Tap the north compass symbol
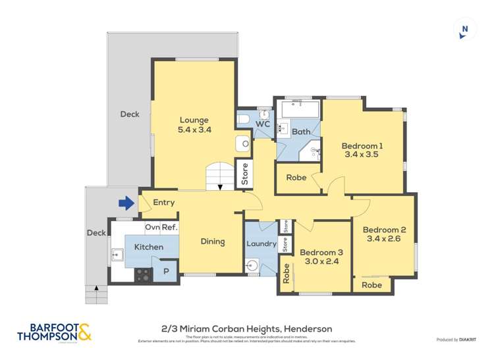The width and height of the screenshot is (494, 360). click(465, 29)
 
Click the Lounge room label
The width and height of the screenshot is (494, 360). click(194, 125)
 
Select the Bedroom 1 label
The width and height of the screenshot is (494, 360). click(362, 150)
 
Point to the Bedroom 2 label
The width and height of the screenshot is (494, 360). click(384, 234)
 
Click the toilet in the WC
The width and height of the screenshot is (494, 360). click(244, 120)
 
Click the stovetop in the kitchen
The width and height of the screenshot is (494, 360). click(144, 275)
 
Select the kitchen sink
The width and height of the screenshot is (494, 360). click(119, 253)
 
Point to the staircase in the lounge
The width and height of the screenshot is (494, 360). click(220, 176)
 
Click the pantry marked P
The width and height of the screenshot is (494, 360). click(166, 271)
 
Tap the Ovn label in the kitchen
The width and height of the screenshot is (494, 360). click(152, 228)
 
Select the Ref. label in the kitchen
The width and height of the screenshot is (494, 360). click(170, 228)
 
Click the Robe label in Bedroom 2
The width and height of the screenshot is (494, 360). click(371, 286)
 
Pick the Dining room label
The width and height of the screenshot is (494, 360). click(213, 242)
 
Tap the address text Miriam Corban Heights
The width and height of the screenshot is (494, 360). click(247, 328)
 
